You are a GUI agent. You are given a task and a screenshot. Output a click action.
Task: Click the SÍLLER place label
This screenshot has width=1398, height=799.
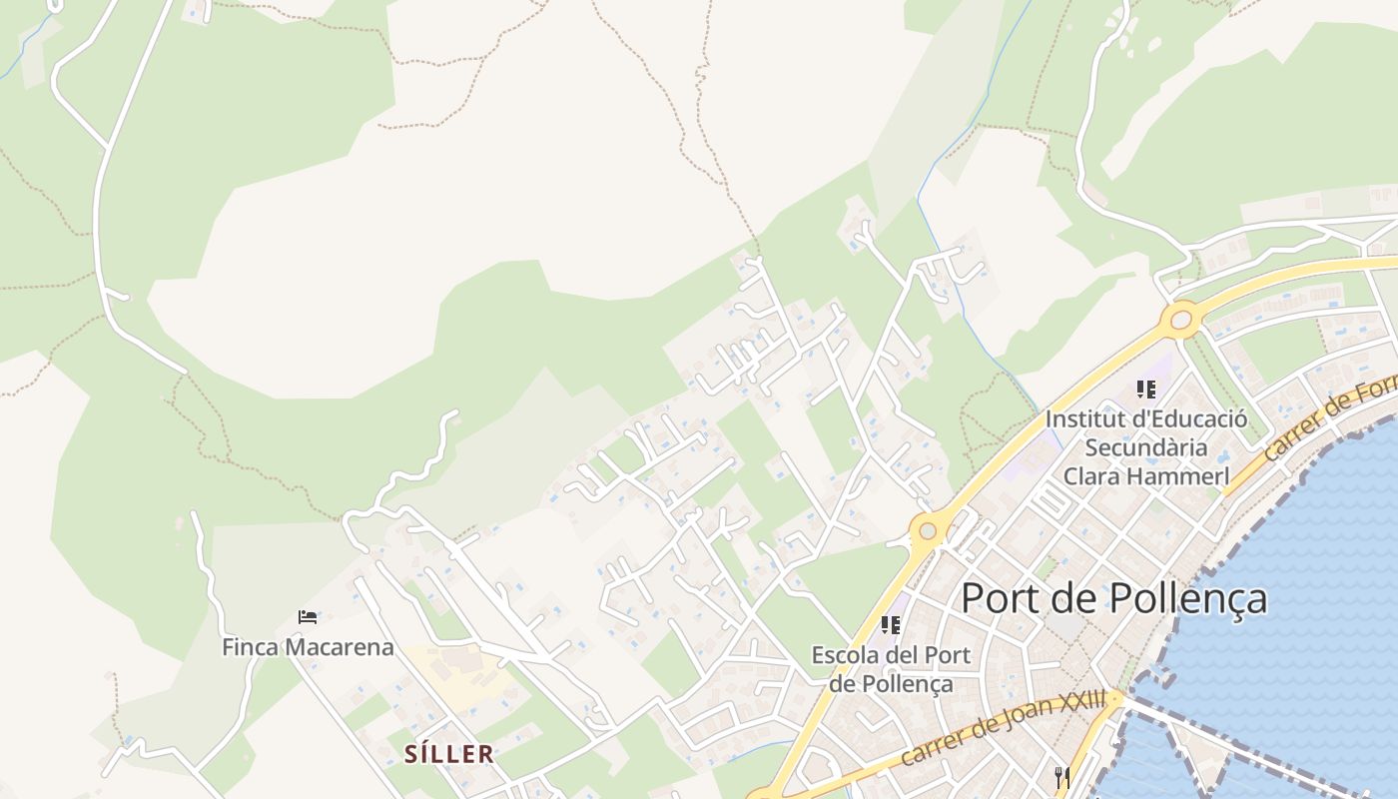tap(449, 754)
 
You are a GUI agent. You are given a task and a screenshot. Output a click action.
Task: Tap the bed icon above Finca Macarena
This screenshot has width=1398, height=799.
tap(308, 618)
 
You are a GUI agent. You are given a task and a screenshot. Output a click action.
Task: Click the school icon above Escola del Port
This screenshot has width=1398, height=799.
tap(891, 625)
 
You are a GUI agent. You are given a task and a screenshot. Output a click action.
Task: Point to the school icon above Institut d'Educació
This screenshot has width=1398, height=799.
tap(1145, 390)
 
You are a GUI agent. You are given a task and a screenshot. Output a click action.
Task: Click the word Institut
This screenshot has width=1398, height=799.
tap(1080, 418)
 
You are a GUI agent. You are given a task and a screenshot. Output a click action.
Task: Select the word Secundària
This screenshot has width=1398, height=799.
tap(1146, 447)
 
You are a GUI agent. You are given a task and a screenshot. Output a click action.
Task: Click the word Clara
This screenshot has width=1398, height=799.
tap(1095, 476)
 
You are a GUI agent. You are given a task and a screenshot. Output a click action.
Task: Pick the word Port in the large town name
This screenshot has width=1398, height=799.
tap(999, 598)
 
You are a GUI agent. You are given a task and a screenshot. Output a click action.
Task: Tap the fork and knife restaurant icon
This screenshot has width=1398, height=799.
tap(1062, 776)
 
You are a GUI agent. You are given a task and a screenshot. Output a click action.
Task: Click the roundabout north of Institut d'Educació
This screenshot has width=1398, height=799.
tap(1181, 320)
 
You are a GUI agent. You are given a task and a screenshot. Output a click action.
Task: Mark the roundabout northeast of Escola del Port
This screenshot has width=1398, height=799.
tap(929, 529)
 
